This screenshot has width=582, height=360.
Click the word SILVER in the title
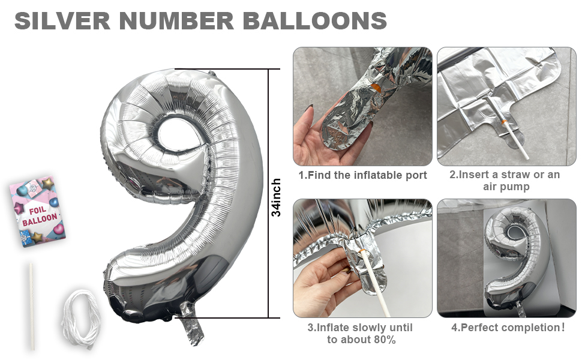(62, 20)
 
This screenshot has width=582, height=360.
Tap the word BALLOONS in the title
(315, 20)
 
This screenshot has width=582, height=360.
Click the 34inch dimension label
(276, 197)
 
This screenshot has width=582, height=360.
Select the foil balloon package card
(37, 211)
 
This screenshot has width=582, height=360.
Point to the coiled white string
(81, 319)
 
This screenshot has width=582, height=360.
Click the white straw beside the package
(32, 306)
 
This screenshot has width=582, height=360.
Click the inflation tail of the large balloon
(192, 323)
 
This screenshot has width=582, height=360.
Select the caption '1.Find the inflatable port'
(362, 175)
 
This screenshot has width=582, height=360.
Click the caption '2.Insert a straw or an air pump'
(505, 181)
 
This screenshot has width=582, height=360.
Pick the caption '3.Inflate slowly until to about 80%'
(360, 333)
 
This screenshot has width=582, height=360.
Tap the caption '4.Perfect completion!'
(508, 328)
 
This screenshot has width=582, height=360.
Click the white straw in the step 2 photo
(509, 128)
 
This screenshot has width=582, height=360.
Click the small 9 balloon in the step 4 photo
(516, 260)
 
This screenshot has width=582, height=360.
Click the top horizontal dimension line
(227, 69)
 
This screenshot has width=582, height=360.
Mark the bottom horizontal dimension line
(227, 317)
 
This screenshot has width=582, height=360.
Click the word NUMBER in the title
(176, 20)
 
